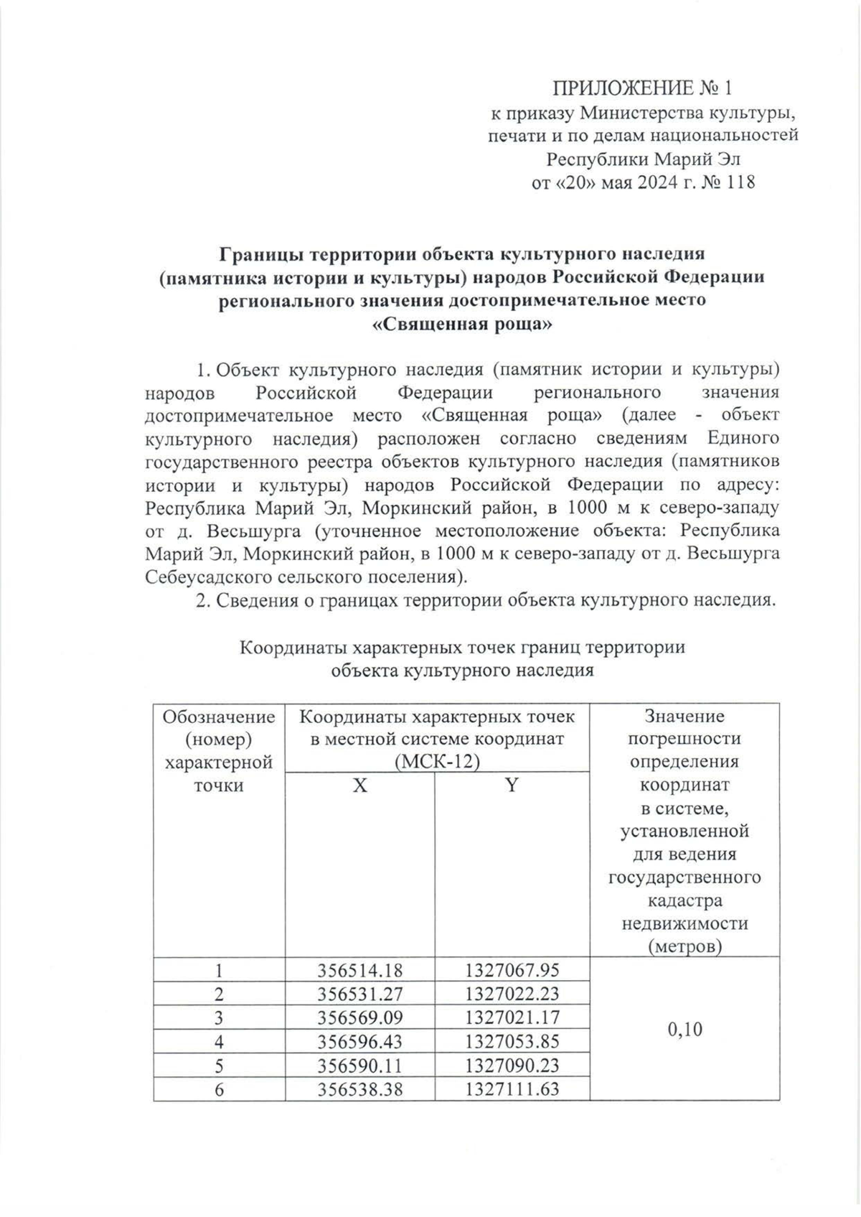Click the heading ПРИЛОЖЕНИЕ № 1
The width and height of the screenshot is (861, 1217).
click(643, 89)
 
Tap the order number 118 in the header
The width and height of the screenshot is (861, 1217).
click(740, 182)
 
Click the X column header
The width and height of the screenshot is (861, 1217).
click(359, 785)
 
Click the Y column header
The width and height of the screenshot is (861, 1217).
click(511, 785)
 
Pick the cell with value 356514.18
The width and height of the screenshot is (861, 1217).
click(359, 971)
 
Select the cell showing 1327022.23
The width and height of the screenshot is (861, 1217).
click(511, 994)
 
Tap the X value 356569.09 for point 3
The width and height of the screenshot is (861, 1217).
click(359, 1018)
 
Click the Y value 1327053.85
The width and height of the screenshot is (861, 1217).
click(511, 1042)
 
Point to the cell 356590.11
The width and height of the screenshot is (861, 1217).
click(359, 1065)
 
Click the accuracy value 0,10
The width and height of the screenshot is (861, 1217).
click(684, 1030)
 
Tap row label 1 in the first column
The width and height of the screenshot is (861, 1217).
click(219, 971)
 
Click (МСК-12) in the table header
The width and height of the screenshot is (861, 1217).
click(436, 762)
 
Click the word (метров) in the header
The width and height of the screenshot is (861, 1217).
click(684, 946)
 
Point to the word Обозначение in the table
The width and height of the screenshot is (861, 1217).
click(219, 717)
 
